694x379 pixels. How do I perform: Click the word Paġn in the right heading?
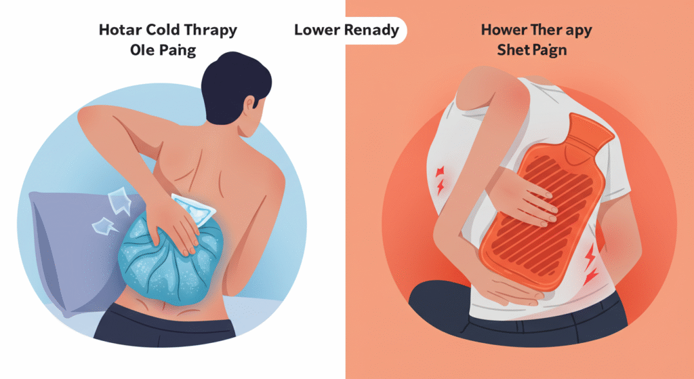point(549,50)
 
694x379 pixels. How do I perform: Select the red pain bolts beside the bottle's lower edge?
point(590,265)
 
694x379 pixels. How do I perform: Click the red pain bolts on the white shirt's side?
point(440,181)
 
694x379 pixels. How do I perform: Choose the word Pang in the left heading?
point(178,50)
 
